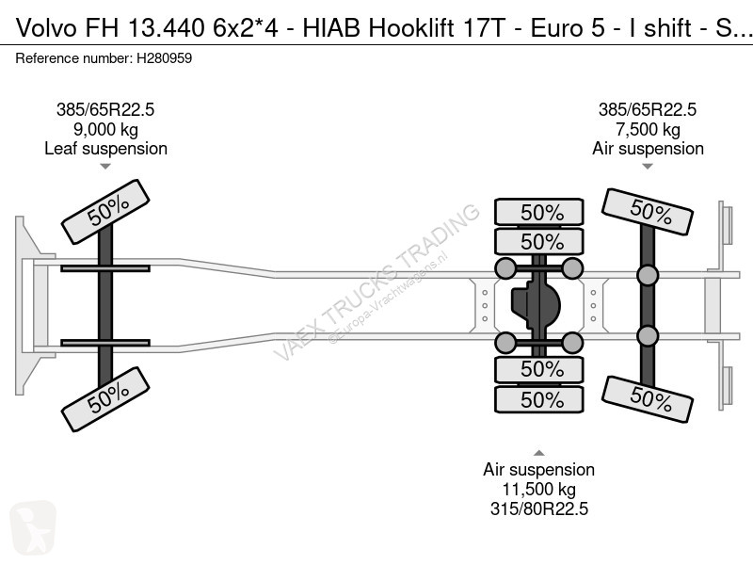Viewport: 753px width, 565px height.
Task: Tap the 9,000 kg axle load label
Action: (105, 129)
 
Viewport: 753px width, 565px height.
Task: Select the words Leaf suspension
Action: (105, 149)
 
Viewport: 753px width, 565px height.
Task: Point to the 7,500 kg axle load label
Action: (648, 129)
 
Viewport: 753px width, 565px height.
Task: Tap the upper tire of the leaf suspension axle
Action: (105, 212)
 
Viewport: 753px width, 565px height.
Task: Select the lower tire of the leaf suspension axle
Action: (105, 399)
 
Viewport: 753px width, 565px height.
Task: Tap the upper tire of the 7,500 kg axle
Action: (648, 214)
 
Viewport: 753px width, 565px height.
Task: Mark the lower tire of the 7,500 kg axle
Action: (648, 399)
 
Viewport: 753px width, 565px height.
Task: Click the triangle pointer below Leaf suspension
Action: (105, 168)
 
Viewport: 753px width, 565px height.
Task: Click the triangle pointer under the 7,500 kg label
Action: (648, 168)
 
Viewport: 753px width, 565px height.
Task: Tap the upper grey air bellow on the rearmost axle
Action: (647, 276)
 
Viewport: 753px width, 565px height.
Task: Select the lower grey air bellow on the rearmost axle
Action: (647, 336)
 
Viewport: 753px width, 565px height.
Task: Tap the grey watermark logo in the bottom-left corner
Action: (31, 531)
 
